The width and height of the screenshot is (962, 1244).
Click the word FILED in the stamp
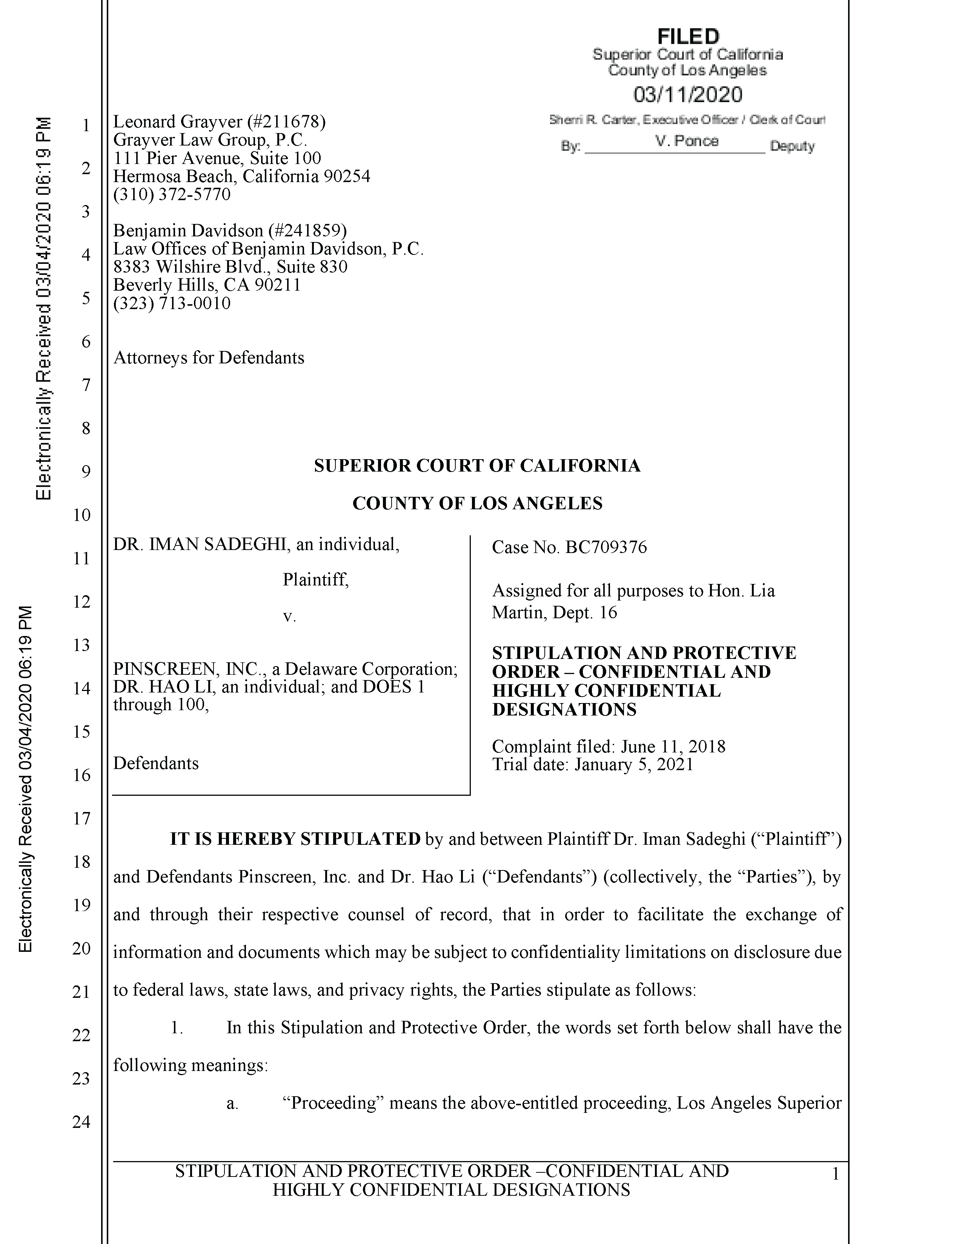(688, 37)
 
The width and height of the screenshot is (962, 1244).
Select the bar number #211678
(286, 121)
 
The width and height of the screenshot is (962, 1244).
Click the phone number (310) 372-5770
(172, 195)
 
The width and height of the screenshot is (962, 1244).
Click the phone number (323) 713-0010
(172, 303)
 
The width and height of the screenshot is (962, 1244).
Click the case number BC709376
(606, 547)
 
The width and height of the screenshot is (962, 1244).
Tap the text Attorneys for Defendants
(209, 358)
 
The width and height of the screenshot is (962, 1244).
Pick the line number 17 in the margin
(81, 818)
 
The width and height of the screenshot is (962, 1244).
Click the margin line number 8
(86, 428)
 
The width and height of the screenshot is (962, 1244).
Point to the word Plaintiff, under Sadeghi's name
(315, 580)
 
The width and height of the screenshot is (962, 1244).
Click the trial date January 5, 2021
(634, 764)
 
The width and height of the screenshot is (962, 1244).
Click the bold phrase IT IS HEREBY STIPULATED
(295, 839)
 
